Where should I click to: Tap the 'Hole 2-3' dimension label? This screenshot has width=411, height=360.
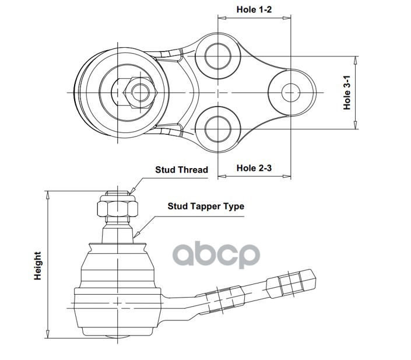pyautogui.click(x=255, y=168)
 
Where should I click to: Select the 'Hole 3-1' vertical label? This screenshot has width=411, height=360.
pyautogui.click(x=347, y=93)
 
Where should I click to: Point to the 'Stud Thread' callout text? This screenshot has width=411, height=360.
pyautogui.click(x=181, y=170)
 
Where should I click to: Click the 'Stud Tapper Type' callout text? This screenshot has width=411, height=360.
pyautogui.click(x=206, y=206)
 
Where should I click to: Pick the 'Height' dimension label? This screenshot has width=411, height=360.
pyautogui.click(x=38, y=265)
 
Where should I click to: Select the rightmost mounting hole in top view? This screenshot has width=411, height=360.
pyautogui.click(x=291, y=92)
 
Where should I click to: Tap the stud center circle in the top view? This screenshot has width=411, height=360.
pyautogui.click(x=139, y=92)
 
